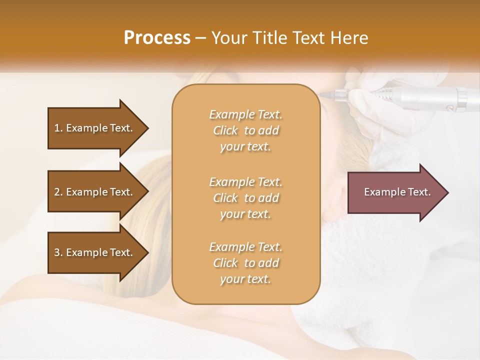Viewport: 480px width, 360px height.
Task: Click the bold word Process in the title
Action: (x=157, y=38)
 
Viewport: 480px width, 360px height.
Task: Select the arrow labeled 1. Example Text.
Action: (x=95, y=128)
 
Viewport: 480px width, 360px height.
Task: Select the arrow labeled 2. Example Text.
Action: (x=95, y=192)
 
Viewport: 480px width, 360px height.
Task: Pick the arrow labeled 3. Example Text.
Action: (x=95, y=252)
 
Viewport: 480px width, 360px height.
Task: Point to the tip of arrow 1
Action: (x=147, y=128)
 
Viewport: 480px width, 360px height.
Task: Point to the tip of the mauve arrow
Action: (x=447, y=192)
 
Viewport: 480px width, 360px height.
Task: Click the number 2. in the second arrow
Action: (x=58, y=192)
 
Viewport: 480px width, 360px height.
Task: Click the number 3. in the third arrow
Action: (x=58, y=252)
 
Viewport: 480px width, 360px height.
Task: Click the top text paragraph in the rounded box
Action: (x=245, y=130)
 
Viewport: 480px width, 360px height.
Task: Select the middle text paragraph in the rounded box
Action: (x=245, y=198)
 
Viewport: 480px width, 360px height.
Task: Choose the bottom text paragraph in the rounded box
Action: (x=245, y=263)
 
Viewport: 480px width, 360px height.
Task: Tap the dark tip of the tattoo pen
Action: (x=328, y=93)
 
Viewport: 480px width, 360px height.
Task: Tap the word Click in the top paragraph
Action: (x=225, y=130)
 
